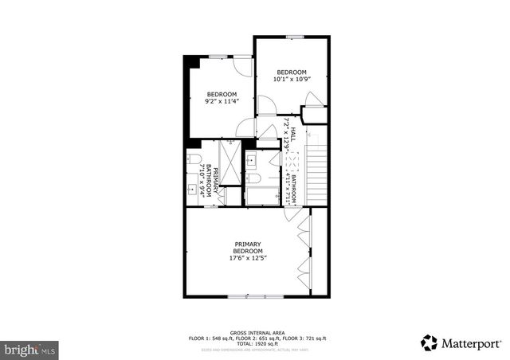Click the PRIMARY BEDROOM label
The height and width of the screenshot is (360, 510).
point(248,248)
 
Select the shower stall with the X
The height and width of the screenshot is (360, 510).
point(229,164)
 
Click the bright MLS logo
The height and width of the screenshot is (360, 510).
point(30,349)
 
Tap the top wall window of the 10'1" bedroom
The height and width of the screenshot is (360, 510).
point(294,37)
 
